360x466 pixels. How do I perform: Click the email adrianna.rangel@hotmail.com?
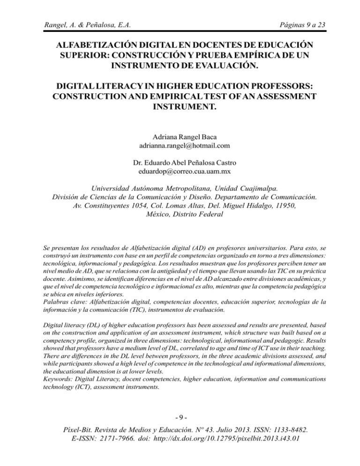[x=180, y=149]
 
